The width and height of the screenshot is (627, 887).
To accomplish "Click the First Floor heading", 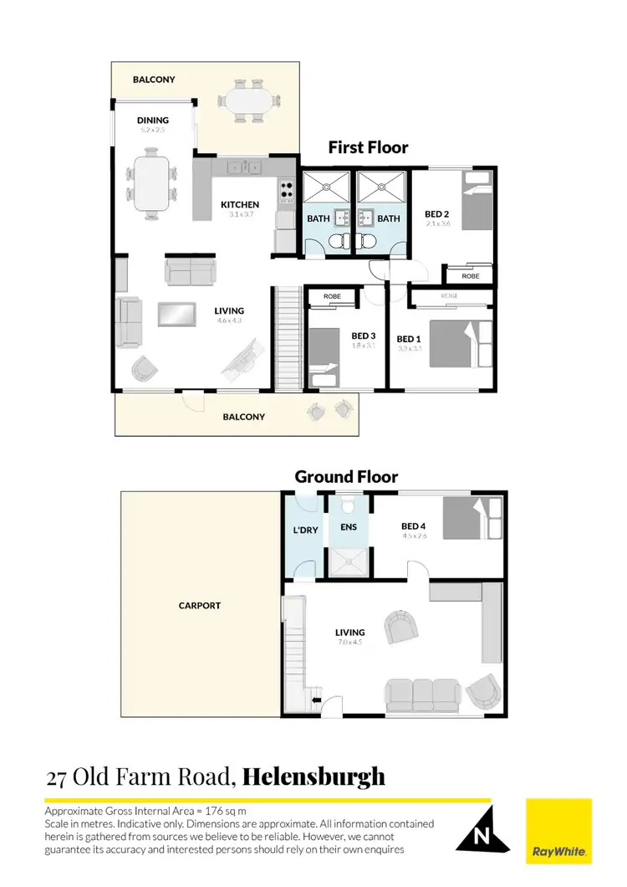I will point(368,148).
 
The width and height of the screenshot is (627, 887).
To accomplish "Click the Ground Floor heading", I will point(346,477).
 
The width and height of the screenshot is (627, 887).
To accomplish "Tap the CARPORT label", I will point(200,605).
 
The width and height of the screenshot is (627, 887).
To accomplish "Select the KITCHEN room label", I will point(239,204).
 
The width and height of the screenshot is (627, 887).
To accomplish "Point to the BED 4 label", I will point(414,526).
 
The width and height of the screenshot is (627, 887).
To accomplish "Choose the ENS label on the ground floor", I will point(348,527).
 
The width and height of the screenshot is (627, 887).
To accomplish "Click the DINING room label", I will point(153,120).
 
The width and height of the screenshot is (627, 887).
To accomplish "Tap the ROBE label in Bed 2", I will point(470,275).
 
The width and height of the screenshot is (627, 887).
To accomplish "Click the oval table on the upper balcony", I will point(250,102).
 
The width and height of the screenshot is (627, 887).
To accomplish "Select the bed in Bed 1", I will point(456,343).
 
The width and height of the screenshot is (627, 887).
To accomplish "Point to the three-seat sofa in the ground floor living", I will point(422,694).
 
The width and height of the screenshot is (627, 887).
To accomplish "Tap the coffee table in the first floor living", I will point(177,313).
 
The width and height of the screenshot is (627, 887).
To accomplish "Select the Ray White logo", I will point(558,832).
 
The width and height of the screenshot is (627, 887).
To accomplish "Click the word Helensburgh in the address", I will point(313,776).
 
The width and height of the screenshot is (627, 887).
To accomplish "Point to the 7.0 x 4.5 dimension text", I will point(349,643).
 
